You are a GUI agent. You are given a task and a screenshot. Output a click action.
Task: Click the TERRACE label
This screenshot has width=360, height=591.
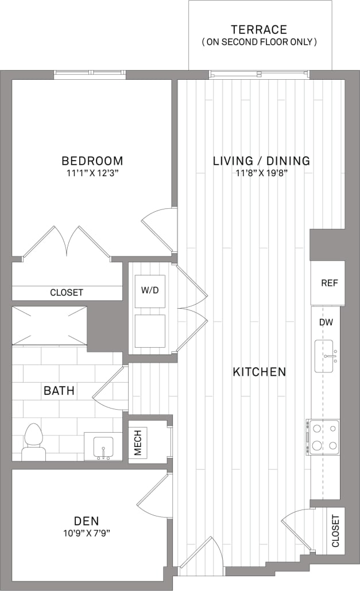pos(259,29)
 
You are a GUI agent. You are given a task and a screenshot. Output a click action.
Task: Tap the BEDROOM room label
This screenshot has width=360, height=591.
pos(92,161)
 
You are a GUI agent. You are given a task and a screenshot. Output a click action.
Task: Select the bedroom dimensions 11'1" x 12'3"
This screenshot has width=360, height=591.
pos(92,173)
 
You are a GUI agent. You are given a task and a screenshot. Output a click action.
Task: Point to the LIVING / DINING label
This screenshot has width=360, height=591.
pos(261,161)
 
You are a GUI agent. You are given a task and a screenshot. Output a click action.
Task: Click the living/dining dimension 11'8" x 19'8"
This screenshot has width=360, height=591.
pos(261,173)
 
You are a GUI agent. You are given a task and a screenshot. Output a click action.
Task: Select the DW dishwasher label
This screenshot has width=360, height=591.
pos(326,322)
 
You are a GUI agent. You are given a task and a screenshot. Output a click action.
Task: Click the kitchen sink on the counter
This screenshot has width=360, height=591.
pos(326,356)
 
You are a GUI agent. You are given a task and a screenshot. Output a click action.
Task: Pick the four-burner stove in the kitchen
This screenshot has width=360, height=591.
pos(323,437)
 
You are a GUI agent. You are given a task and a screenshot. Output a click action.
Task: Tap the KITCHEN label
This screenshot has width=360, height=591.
pos(259,372)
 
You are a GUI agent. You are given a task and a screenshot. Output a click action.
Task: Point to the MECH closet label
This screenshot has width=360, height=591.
pos(138,442)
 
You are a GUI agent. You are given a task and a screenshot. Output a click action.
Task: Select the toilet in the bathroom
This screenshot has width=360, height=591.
pos(33,442)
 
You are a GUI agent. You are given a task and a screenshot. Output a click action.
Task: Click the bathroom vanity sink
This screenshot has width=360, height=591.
pos(103,446)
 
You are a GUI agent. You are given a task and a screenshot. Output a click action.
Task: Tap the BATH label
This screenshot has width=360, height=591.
pos(59,391)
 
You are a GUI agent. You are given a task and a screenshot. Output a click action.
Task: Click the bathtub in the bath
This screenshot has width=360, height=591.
pos(49,325)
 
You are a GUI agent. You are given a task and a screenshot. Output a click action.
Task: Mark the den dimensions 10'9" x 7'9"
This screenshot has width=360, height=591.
pos(87,533)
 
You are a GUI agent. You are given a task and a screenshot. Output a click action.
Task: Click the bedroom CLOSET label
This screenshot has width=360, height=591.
pos(67,293)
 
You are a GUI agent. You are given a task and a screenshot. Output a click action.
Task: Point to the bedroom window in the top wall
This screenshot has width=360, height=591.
pos(90,74)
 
